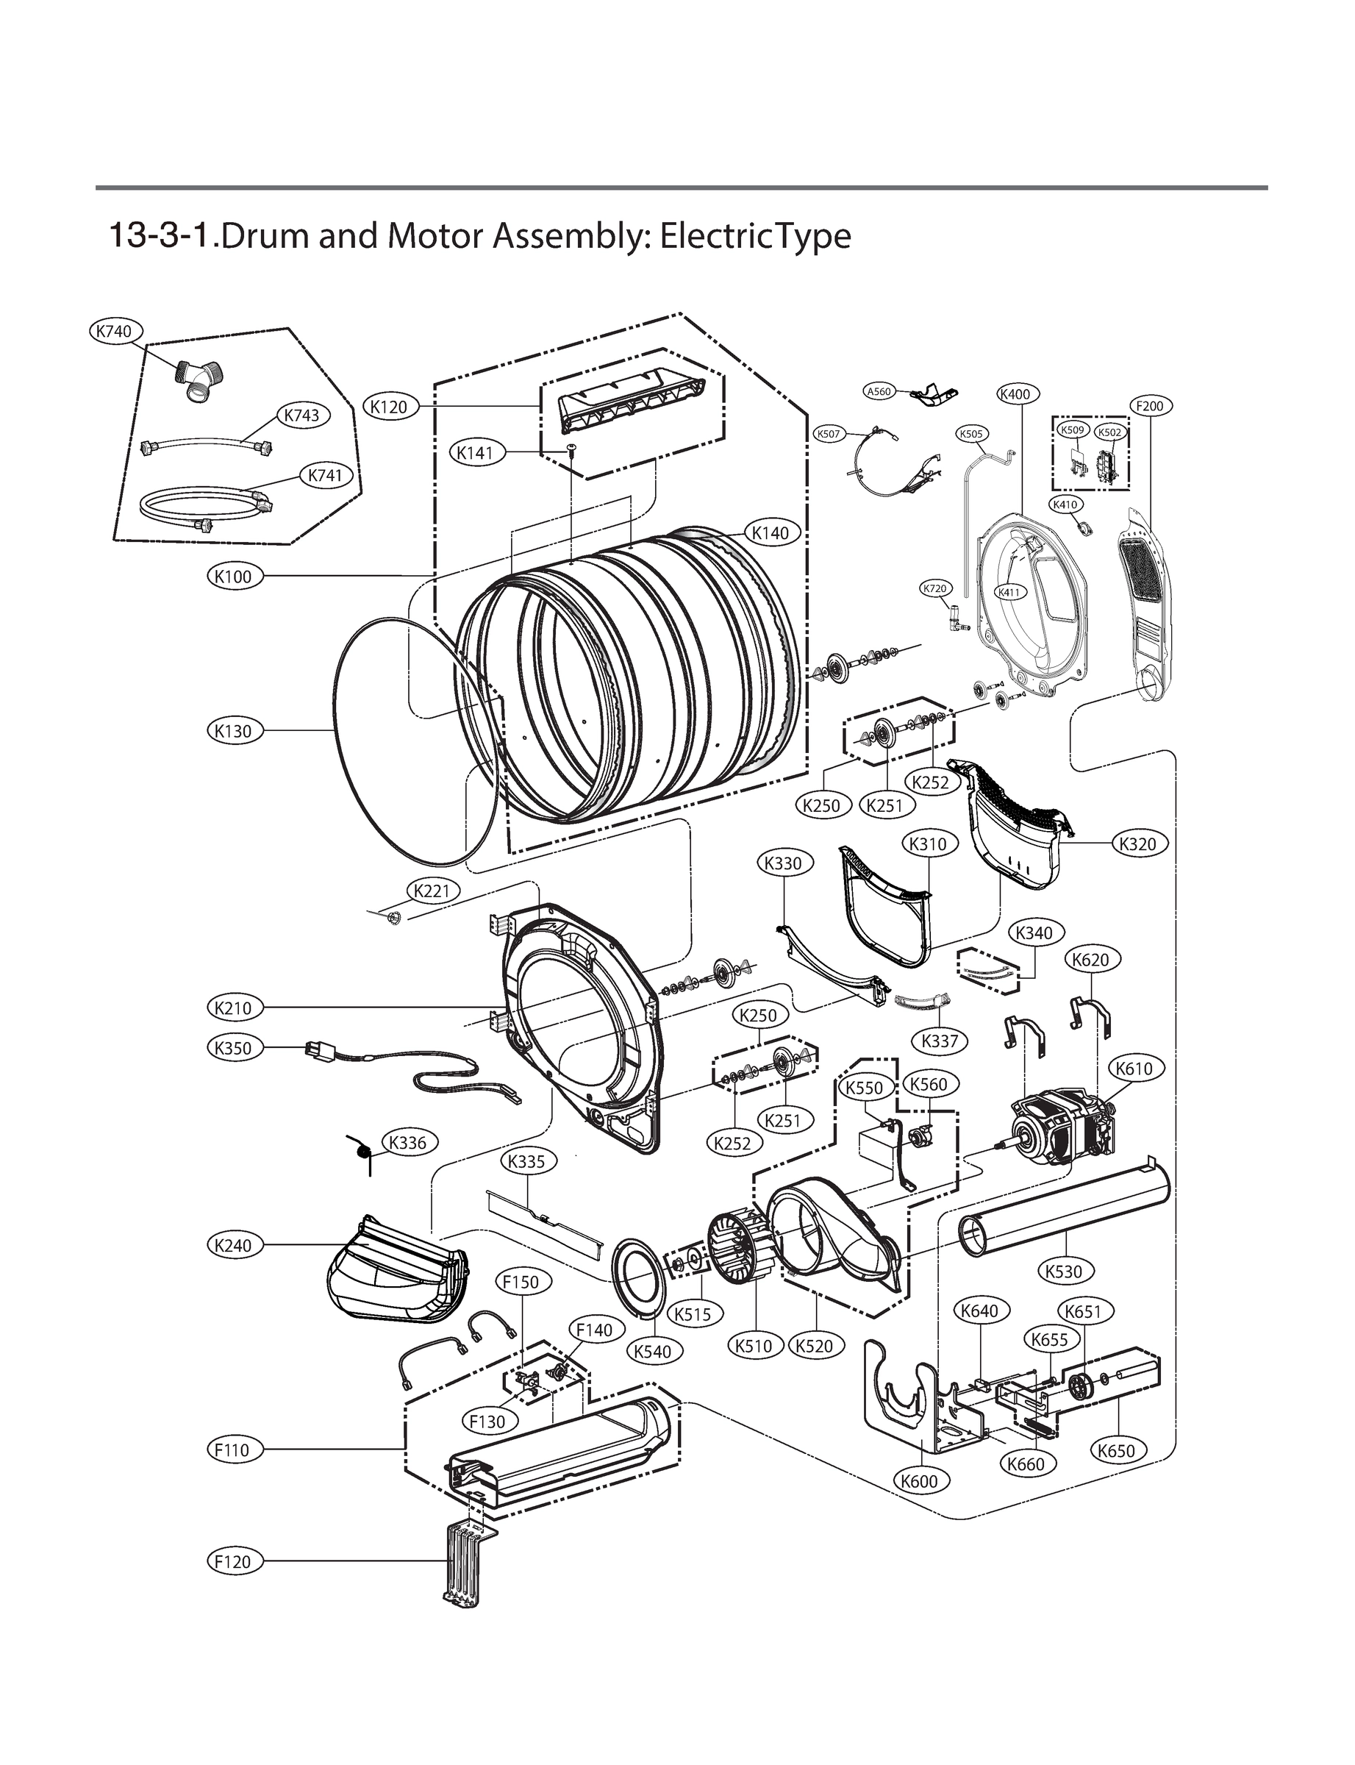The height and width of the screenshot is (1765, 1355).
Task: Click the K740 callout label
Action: click(x=115, y=331)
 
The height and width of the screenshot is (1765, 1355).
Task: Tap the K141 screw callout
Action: click(x=475, y=452)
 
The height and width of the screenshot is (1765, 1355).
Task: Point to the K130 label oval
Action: click(x=233, y=731)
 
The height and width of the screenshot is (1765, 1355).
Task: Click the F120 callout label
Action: click(x=233, y=1561)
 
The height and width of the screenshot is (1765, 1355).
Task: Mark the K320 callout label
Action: click(x=1138, y=844)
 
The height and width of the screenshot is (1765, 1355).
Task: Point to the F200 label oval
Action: click(x=1149, y=406)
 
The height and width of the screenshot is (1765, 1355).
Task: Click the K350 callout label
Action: click(x=233, y=1048)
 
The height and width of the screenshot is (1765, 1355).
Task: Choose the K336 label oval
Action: click(x=407, y=1142)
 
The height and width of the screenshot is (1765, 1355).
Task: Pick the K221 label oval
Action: click(x=432, y=891)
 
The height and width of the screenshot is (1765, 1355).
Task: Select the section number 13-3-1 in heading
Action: click(x=161, y=236)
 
